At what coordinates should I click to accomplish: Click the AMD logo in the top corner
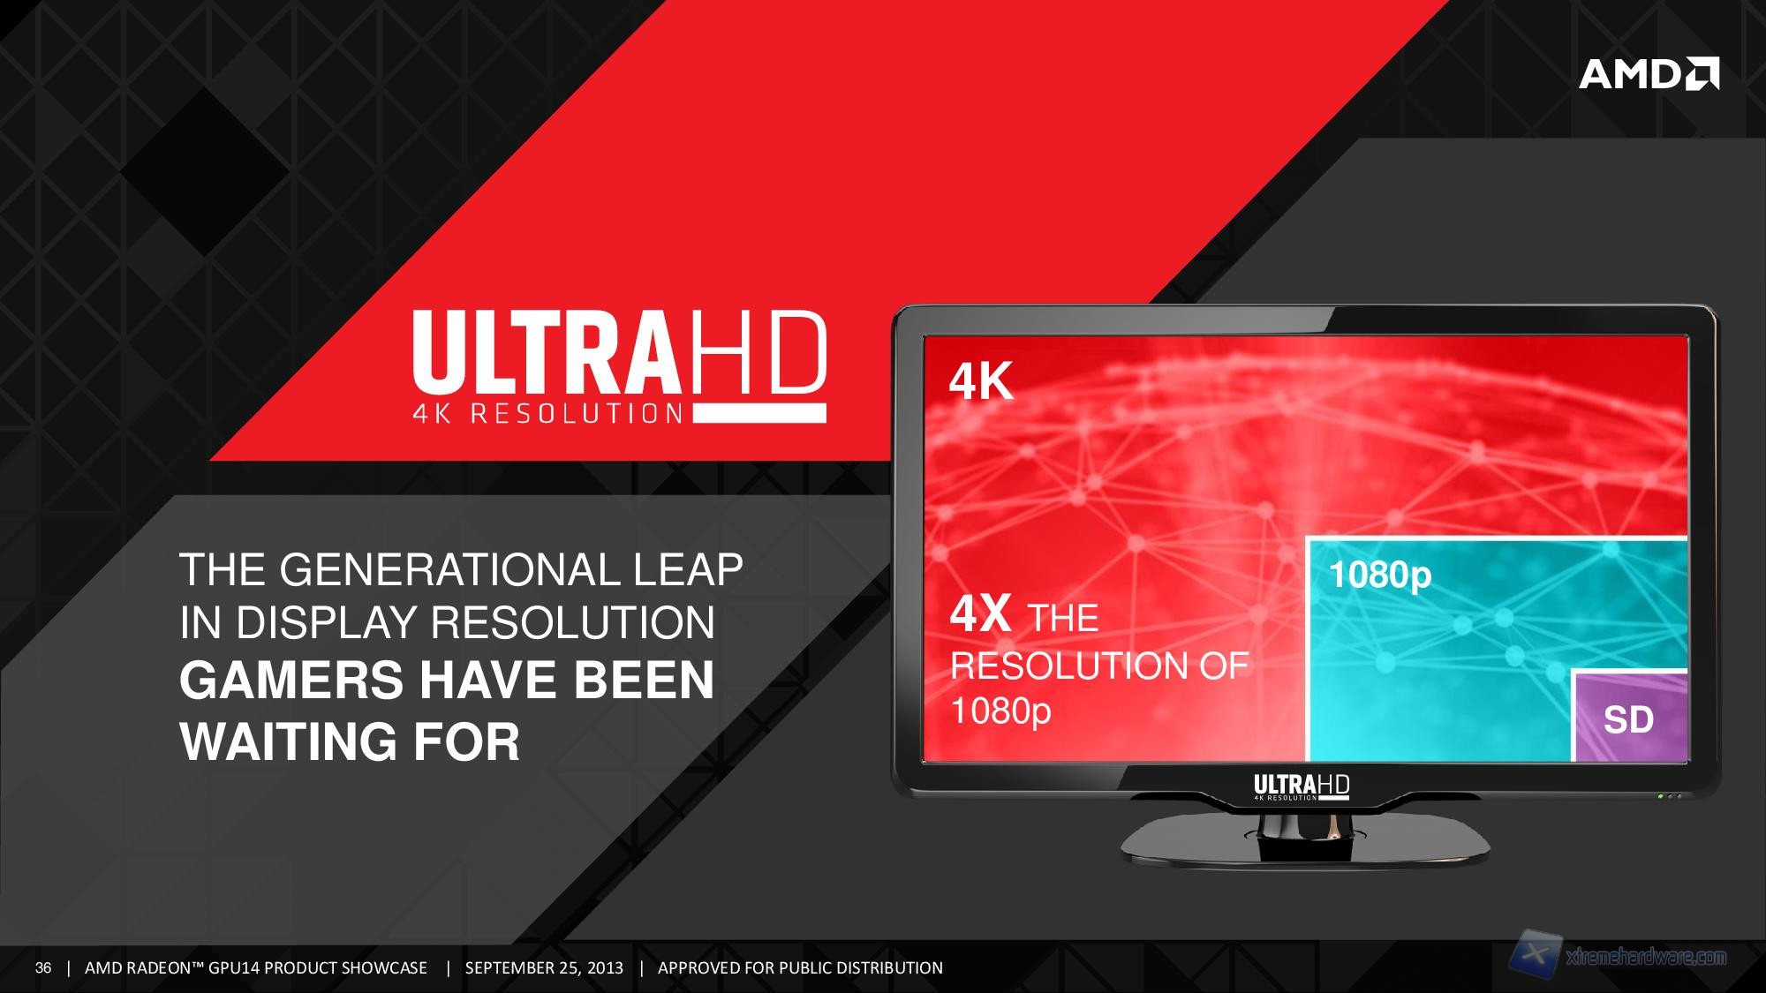pos(1649,74)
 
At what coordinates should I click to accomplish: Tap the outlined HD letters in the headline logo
pos(757,354)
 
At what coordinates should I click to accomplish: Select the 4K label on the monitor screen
pos(981,382)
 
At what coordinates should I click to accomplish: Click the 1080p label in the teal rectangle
pos(1379,575)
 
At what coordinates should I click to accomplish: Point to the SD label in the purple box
pos(1628,719)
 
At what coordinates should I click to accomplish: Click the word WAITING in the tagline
pos(288,741)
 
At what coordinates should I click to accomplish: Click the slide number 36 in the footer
pos(43,968)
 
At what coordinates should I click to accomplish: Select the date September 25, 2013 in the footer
pos(544,968)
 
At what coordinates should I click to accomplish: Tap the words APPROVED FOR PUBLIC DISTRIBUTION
pos(800,968)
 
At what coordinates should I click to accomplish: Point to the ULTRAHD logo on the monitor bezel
pos(1302,786)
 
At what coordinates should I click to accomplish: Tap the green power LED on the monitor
pos(1660,796)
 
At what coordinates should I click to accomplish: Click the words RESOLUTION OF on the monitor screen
pos(1099,666)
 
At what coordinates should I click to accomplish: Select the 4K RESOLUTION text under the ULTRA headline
pos(548,413)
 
